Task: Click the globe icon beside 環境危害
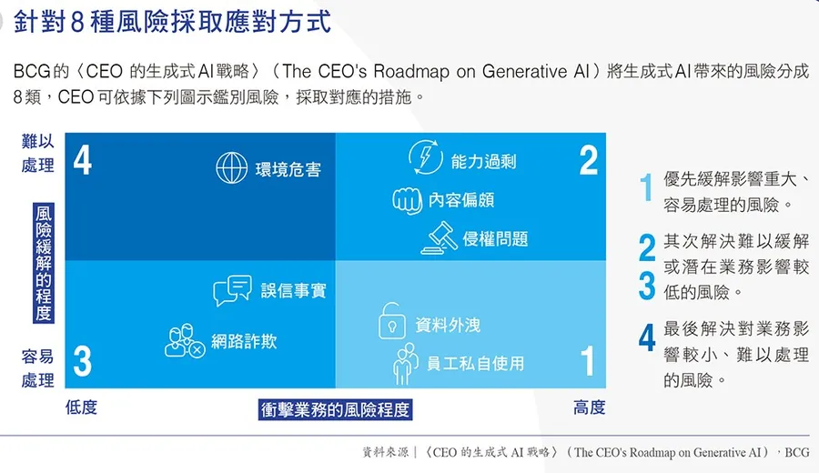(x=231, y=167)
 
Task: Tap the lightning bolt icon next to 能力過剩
(x=425, y=156)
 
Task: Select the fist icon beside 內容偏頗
(x=407, y=200)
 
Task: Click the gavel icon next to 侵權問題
(x=440, y=238)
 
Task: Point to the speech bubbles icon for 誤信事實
(x=232, y=290)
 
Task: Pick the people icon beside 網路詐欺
(x=185, y=340)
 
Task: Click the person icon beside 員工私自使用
(x=405, y=364)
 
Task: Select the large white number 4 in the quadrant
(x=83, y=160)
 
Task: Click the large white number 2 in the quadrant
(x=589, y=160)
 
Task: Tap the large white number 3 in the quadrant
(x=83, y=361)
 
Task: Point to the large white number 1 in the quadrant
(x=588, y=360)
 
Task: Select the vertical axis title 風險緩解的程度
(x=44, y=263)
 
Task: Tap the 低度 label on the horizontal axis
(x=81, y=408)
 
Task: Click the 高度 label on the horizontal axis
(x=589, y=408)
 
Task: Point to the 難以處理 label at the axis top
(x=37, y=153)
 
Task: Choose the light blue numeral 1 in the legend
(x=646, y=186)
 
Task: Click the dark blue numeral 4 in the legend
(x=647, y=337)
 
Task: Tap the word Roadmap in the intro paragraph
(x=411, y=71)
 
